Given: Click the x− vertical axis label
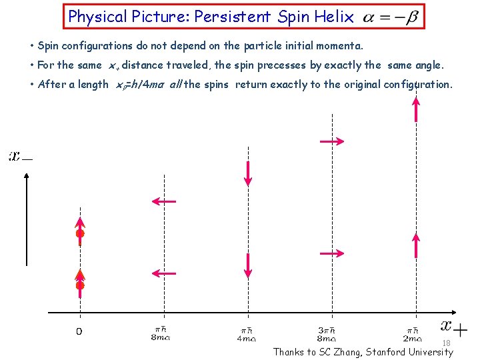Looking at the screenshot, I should [x=20, y=157].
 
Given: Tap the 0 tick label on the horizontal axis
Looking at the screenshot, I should [x=79, y=332].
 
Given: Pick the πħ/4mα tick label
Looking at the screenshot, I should [x=246, y=333].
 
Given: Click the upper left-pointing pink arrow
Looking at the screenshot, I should [x=163, y=201].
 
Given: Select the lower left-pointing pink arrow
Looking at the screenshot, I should [x=163, y=272].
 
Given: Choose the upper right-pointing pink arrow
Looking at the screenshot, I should [x=331, y=141].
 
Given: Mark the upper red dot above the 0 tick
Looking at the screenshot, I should [x=80, y=234].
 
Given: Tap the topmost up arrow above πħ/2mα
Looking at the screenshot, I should [x=416, y=109].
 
